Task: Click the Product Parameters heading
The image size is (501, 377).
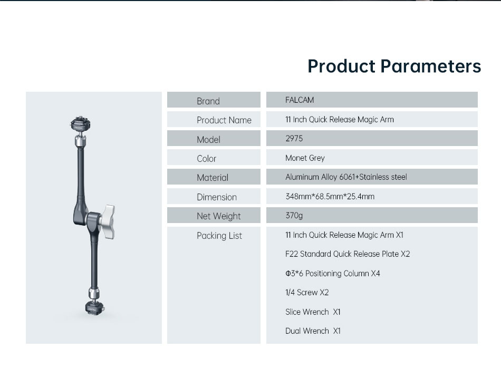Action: point(394,66)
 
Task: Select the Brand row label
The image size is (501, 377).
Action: point(208,101)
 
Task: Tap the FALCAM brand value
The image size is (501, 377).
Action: point(300,100)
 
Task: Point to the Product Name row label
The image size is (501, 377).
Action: point(224,120)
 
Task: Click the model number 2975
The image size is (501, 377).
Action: point(294,138)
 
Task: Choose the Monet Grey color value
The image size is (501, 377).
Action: point(305,158)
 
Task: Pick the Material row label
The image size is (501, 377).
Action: point(213,178)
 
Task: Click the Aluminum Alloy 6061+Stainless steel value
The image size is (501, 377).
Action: point(346,177)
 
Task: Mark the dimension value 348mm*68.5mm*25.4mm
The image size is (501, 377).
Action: point(330,196)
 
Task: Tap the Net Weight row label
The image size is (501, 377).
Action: point(218,216)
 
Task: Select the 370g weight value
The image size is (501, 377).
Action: point(294,215)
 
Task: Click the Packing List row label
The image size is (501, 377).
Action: point(219,236)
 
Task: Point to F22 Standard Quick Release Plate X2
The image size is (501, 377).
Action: point(348,254)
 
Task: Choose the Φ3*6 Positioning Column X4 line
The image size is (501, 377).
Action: point(333,274)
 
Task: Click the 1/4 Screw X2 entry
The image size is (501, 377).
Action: point(307,292)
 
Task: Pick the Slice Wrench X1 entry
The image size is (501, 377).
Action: point(313,312)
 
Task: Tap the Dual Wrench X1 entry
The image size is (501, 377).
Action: point(313,331)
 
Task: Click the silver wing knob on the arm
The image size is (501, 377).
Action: point(108,222)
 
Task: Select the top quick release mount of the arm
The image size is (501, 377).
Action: point(80,123)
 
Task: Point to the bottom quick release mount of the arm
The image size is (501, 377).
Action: point(94,308)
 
